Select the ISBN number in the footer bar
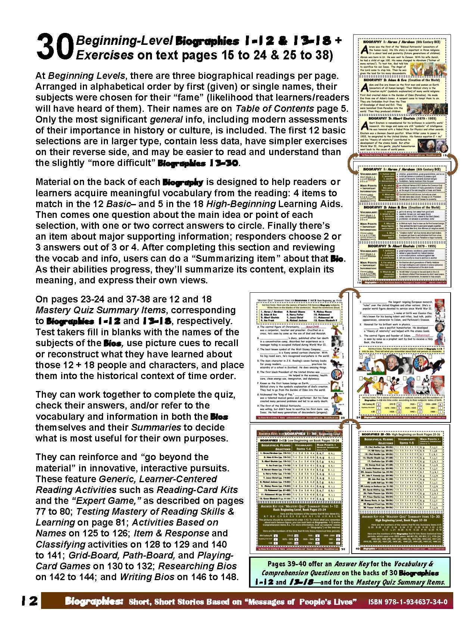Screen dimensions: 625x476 pyautogui.click(x=408, y=602)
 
